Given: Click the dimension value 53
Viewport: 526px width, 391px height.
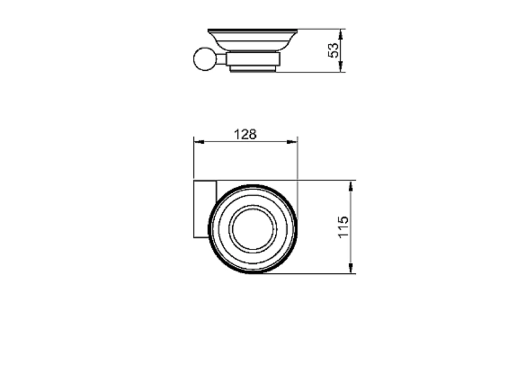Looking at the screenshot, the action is (333, 50).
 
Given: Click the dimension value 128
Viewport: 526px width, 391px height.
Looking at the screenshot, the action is (245, 135).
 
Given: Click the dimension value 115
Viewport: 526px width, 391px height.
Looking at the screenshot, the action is (343, 227).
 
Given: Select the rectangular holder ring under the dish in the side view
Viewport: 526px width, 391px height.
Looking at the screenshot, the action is (253, 59).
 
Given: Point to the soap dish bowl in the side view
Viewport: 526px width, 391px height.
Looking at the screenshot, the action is (252, 40).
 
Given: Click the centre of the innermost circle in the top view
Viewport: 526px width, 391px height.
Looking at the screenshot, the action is (253, 229).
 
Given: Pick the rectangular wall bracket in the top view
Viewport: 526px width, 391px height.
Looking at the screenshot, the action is (205, 209).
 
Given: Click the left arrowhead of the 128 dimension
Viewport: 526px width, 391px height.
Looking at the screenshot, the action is (199, 142).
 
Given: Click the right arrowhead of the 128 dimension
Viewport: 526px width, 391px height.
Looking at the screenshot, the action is (292, 142).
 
